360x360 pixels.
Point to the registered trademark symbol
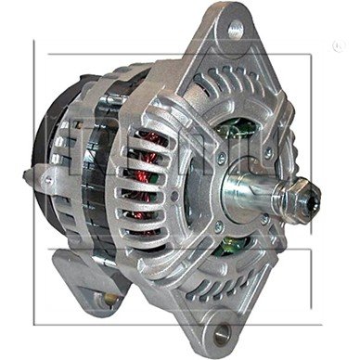pyautogui.click(x=336, y=45)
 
